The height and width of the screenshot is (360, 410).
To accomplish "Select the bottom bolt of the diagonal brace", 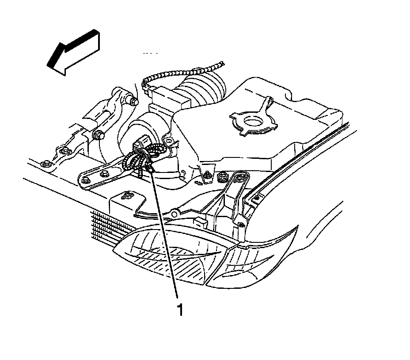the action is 241,224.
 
